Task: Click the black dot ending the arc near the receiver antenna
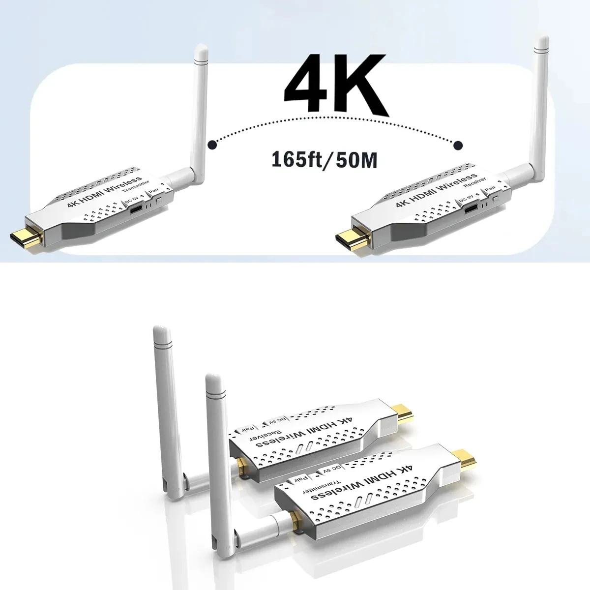click(x=458, y=145)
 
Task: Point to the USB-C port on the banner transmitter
click(x=135, y=208)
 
